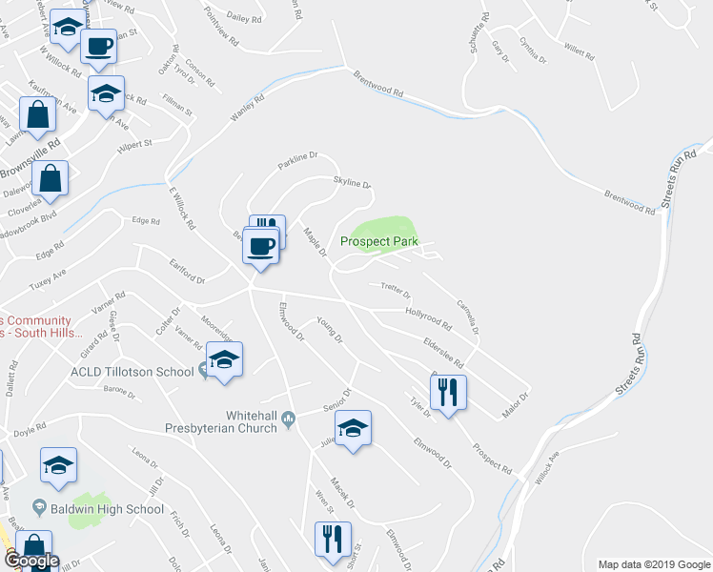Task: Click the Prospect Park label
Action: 379,242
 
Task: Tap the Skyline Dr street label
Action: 351,183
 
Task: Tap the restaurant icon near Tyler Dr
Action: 447,391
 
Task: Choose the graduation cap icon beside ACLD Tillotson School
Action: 225,360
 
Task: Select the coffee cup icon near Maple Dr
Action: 261,247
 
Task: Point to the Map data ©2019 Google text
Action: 653,564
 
